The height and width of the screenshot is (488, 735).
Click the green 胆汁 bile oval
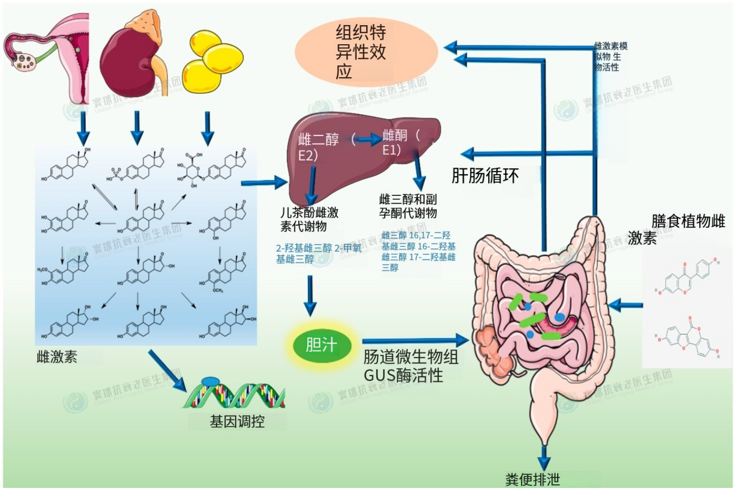pyautogui.click(x=321, y=345)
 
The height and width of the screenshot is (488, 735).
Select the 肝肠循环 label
pyautogui.click(x=485, y=176)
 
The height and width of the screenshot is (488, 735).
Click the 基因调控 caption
pyautogui.click(x=237, y=421)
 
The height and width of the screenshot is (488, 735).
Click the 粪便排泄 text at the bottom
pyautogui.click(x=532, y=479)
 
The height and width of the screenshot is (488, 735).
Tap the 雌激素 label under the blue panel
pyautogui.click(x=57, y=357)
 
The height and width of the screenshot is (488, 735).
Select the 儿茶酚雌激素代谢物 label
pyautogui.click(x=309, y=219)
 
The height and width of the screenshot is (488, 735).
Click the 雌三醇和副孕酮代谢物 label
pyautogui.click(x=408, y=206)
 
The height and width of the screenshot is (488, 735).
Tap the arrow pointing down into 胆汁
pyautogui.click(x=311, y=297)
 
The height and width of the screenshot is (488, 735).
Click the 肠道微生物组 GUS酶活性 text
pyautogui.click(x=411, y=366)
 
